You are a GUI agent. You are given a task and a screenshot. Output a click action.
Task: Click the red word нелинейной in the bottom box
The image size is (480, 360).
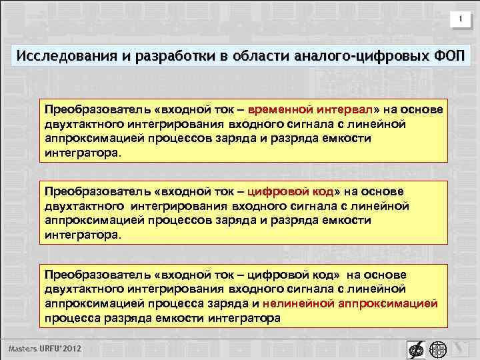click(x=295, y=303)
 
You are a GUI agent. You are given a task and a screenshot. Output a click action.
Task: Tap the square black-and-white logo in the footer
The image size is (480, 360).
click(x=413, y=349)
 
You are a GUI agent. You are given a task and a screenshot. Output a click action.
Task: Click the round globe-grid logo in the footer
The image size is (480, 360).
click(x=437, y=349)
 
